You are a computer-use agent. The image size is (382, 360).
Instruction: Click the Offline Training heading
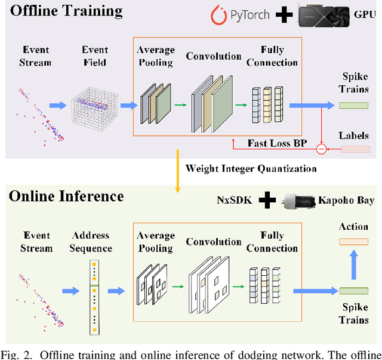[x=66, y=11]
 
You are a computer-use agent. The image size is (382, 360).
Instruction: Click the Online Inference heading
[x=66, y=196]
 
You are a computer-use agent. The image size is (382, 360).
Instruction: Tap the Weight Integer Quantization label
[x=251, y=168]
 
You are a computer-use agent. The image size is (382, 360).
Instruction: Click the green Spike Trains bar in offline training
[x=354, y=105]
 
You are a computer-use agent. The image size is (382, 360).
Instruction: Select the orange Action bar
[x=354, y=242]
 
